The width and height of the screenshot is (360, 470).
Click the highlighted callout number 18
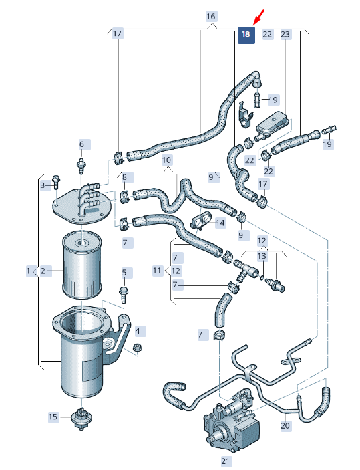pyautogui.click(x=246, y=35)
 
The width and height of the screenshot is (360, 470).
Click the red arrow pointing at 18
pyautogui.click(x=259, y=17)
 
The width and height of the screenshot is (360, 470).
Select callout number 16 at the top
pyautogui.click(x=211, y=17)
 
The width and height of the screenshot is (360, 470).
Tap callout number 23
pyautogui.click(x=285, y=35)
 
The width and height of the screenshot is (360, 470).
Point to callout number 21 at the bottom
pyautogui.click(x=225, y=461)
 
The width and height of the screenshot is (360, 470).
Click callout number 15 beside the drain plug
pyautogui.click(x=53, y=417)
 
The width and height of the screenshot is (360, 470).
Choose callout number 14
pyautogui.click(x=220, y=223)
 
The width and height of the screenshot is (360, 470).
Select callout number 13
pyautogui.click(x=262, y=256)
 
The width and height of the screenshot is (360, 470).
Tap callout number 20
pyautogui.click(x=285, y=425)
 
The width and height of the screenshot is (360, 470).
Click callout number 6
pyautogui.click(x=81, y=144)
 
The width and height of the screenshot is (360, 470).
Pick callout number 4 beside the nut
pyautogui.click(x=138, y=331)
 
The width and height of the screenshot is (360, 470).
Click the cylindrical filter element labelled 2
pyautogui.click(x=81, y=264)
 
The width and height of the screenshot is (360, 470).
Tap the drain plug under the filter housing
pyautogui.click(x=81, y=418)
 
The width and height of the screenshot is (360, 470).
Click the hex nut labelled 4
pyautogui.click(x=138, y=348)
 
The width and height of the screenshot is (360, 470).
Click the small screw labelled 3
pyautogui.click(x=56, y=183)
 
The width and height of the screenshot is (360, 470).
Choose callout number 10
pyautogui.click(x=166, y=160)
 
